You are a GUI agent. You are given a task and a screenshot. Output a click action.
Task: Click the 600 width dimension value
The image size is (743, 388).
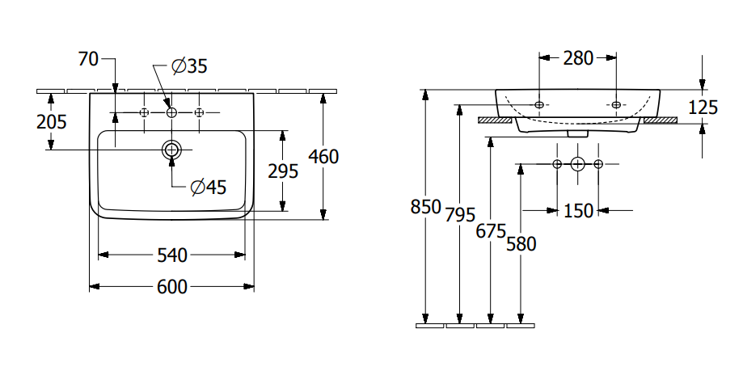click(172, 287)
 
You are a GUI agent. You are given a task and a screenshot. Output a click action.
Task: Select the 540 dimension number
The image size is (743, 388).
click(172, 255)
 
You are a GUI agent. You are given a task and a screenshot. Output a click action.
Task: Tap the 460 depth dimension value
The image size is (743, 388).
click(323, 157)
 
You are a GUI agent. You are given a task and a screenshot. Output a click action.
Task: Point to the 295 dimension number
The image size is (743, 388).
click(282, 171)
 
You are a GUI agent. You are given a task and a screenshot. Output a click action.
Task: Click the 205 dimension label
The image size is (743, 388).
click(52, 121)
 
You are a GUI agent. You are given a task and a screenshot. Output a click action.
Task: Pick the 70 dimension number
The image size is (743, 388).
click(88, 59)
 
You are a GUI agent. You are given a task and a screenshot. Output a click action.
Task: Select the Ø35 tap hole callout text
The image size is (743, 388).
click(190, 66)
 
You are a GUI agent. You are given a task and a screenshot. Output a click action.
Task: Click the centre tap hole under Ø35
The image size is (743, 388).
click(171, 112)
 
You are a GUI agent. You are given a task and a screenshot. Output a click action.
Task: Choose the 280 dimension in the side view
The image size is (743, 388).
click(578, 57)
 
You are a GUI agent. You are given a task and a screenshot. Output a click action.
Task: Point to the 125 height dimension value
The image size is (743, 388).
click(702, 107)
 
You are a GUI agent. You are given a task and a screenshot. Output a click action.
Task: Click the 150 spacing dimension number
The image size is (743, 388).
click(578, 210)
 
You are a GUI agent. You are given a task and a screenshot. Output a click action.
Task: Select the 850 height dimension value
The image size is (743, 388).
click(425, 207)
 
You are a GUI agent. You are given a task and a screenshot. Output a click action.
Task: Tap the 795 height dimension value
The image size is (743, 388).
click(459, 214)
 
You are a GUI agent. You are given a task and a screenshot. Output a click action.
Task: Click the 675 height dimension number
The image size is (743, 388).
click(490, 231)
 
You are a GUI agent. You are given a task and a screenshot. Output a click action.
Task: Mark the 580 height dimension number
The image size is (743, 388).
click(521, 242)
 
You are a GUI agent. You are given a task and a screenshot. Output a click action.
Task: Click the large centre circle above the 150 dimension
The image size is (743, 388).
click(577, 164)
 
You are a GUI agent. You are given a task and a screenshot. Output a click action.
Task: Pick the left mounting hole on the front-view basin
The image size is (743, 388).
click(539, 104)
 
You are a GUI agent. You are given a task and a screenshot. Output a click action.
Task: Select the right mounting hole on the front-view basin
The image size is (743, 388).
click(616, 104)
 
